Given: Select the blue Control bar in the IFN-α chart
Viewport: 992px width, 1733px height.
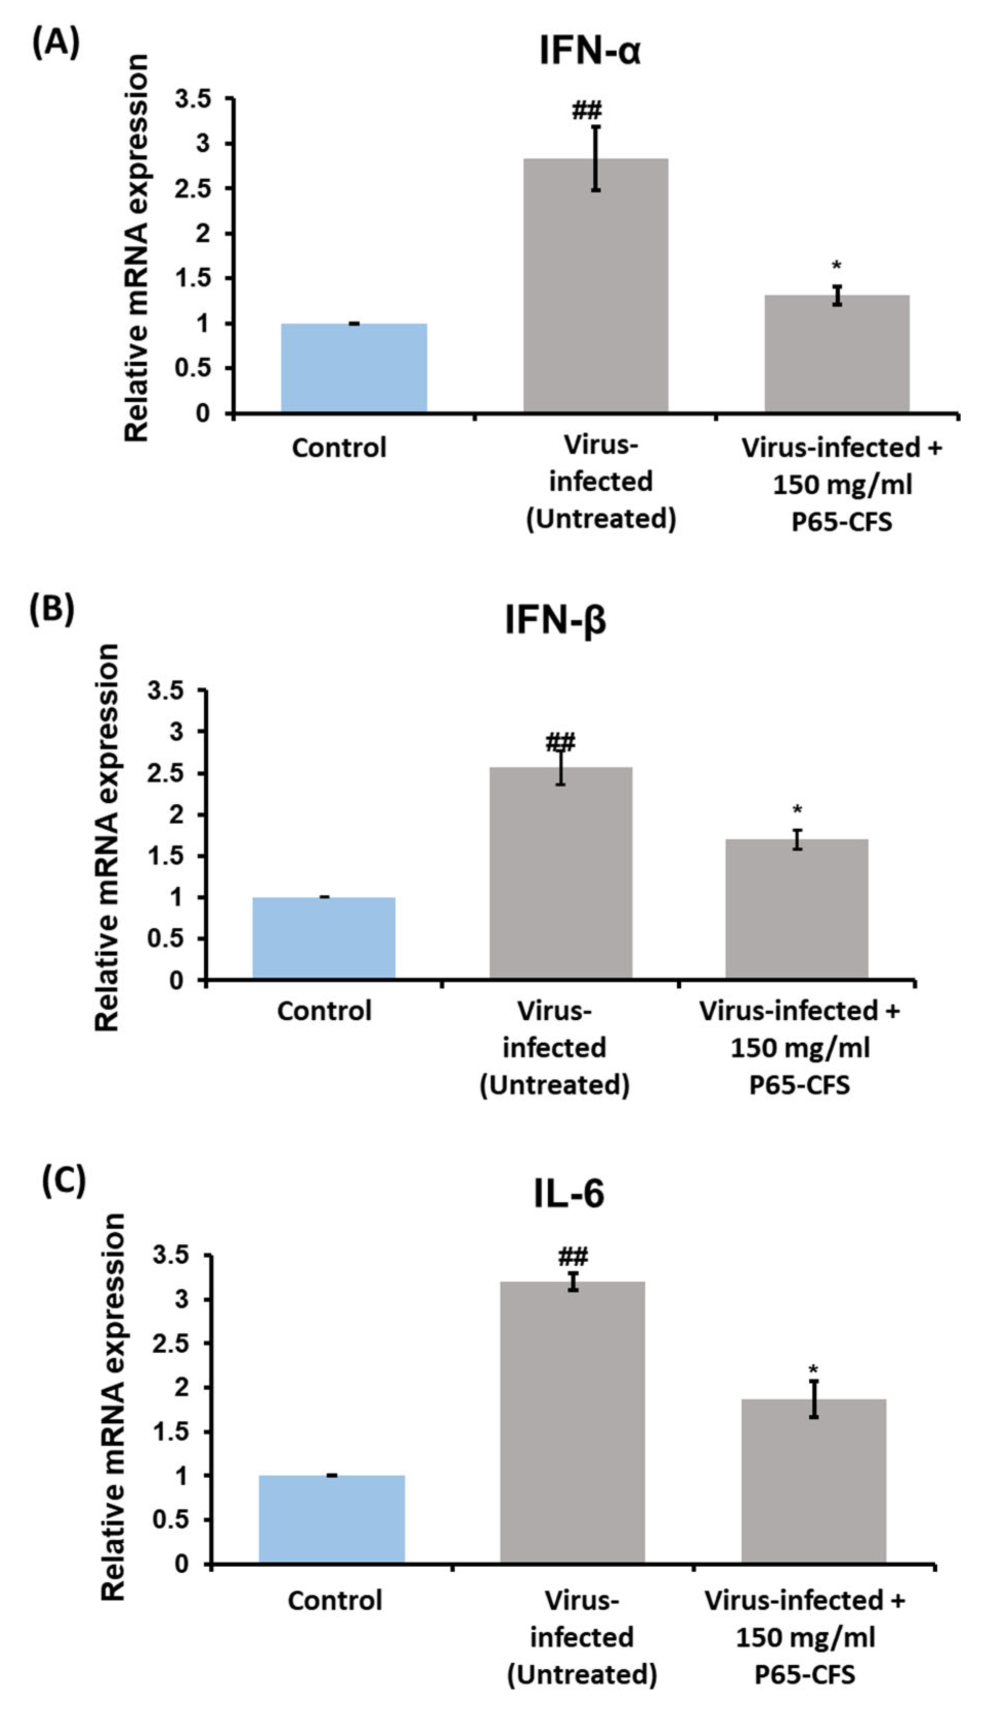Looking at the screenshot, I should click(x=354, y=368).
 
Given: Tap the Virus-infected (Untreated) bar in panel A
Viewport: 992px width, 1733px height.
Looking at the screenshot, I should click(x=595, y=286).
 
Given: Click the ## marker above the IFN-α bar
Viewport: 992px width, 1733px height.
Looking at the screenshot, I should click(x=587, y=109).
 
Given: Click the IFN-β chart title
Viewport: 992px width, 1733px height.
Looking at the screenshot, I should click(x=555, y=620).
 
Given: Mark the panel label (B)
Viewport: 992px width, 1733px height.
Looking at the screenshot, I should click(x=51, y=609).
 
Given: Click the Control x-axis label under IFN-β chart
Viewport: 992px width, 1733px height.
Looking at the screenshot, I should click(x=325, y=1011).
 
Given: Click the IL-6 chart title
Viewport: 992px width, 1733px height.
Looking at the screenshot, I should click(x=568, y=1194).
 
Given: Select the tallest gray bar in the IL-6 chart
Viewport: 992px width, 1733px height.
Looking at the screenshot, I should click(x=572, y=1423).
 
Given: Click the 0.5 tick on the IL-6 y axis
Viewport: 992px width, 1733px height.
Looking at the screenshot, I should click(x=170, y=1520).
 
